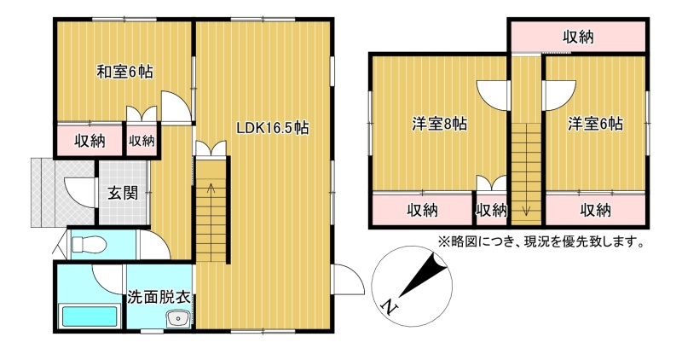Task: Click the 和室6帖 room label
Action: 124,72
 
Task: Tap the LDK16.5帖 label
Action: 272,128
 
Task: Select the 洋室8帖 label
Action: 440,124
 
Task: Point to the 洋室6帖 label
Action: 595,124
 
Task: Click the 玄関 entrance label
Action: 123,194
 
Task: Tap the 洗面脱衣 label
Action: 159,298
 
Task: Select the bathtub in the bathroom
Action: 90,316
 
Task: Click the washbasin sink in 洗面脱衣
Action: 179,319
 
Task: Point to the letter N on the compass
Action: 390,307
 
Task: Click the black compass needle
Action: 424,275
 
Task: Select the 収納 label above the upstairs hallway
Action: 579,38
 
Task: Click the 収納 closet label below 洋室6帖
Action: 595,211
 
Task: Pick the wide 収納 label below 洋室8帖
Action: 422,211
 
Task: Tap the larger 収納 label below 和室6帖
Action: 90,141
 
